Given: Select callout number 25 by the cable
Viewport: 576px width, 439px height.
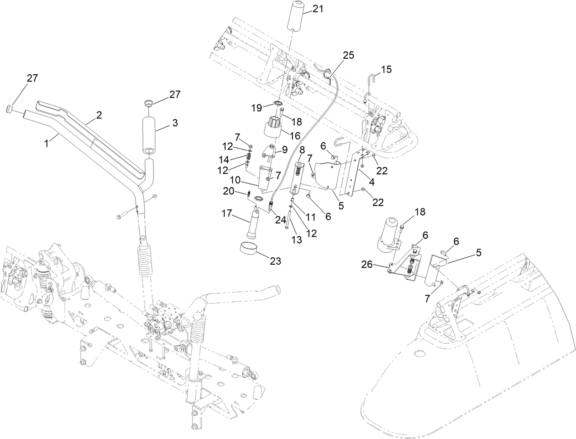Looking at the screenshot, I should tap(348, 55).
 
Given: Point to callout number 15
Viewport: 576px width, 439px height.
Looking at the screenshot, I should tap(386, 69).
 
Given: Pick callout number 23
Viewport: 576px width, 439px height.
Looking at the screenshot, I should tap(276, 261).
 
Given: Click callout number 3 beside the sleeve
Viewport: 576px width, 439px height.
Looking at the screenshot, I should tap(174, 123).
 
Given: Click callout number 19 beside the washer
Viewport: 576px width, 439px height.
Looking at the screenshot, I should tap(256, 108).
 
